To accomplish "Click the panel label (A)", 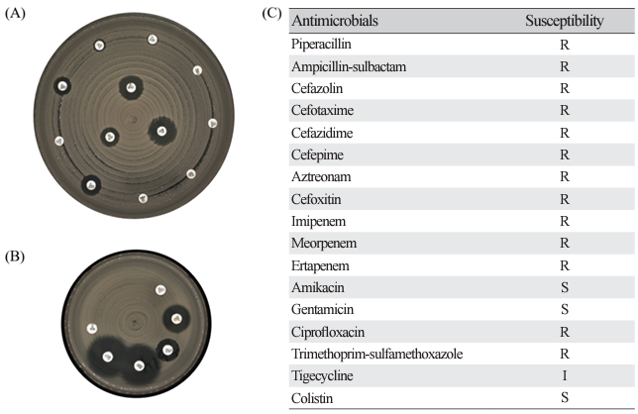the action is click(15, 14).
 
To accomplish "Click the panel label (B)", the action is click(15, 257).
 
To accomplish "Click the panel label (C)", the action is click(271, 14).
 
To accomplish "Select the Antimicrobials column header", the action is click(335, 21).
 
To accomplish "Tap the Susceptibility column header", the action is click(565, 21).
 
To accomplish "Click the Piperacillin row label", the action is click(321, 44).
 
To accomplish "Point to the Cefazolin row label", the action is click(317, 88).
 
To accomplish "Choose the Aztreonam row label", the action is click(321, 176).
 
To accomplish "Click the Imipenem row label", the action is click(319, 221).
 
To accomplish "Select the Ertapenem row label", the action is click(320, 265).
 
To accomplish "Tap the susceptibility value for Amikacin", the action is click(565, 287).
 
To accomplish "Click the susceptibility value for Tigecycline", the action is click(565, 375).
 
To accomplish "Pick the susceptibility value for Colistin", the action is click(565, 397).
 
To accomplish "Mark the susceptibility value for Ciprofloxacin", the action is click(565, 332).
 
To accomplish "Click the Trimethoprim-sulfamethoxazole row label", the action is click(376, 354).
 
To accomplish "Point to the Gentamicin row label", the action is click(322, 309).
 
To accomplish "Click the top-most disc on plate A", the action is click(153, 40).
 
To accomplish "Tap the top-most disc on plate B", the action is click(160, 290).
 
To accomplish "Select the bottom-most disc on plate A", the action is click(143, 198).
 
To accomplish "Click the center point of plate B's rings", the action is click(134, 322).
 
